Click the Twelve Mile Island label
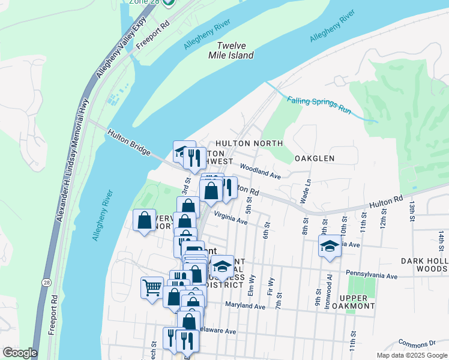point(235,50)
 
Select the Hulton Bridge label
point(128,142)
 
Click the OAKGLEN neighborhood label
point(314,158)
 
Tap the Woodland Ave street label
point(261,172)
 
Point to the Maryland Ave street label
point(245,306)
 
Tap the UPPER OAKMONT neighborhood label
point(357,302)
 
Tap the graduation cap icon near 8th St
point(330,246)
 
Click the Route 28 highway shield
point(46,281)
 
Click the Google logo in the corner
point(20,353)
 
